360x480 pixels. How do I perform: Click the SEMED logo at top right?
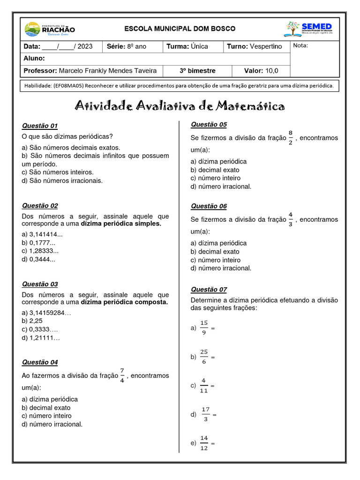[309, 29]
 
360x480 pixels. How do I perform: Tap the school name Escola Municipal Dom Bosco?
[180, 29]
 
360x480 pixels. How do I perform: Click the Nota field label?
[301, 46]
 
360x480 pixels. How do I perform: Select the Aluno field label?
[34, 59]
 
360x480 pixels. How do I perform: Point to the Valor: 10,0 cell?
[261, 71]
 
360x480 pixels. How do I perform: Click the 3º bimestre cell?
[197, 71]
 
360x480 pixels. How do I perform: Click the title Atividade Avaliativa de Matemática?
[180, 106]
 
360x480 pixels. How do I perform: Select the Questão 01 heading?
[40, 126]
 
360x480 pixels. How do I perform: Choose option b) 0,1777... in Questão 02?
[38, 243]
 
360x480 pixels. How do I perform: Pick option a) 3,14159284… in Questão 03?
[46, 313]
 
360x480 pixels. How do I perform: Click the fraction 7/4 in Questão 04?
[122, 375]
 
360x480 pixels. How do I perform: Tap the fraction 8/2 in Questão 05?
[291, 138]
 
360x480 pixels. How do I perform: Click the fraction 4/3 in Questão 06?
[291, 219]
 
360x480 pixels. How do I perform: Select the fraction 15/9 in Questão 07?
[203, 328]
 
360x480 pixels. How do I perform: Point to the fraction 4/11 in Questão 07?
[203, 385]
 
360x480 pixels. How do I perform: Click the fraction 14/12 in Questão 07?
[204, 443]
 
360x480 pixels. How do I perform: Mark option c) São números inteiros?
[58, 172]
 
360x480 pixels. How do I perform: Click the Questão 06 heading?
[209, 206]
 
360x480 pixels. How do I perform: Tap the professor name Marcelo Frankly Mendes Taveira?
[108, 71]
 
